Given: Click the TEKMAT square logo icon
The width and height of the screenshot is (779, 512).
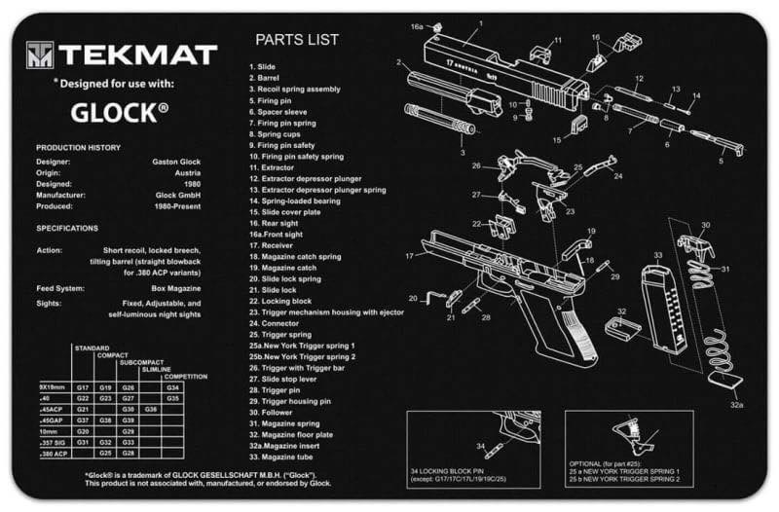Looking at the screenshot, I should point(38,55).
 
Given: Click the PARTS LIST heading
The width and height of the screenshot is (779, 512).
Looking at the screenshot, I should point(297,40).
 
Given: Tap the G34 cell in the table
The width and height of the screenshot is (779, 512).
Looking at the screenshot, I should point(172,387).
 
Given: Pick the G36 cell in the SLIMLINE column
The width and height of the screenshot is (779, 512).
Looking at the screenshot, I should point(151,410).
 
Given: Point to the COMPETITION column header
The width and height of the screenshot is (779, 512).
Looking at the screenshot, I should point(184,376).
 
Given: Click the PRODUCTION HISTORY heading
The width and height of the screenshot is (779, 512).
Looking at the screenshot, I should point(78,147).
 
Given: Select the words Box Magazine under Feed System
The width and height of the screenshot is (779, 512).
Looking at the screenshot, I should point(177,288).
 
